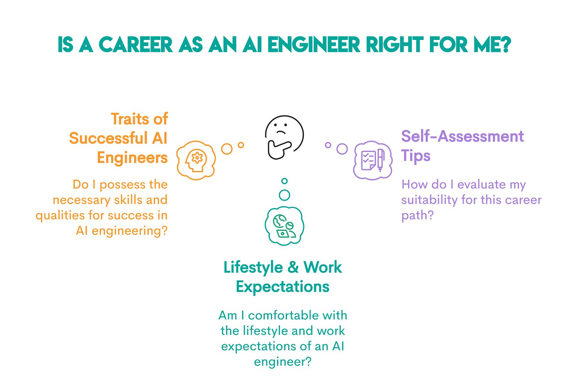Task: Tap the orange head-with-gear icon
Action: [x=196, y=160]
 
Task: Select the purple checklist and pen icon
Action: [x=373, y=160]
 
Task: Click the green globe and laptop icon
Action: [x=284, y=226]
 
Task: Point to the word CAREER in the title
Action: [x=135, y=45]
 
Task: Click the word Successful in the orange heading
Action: [x=108, y=138]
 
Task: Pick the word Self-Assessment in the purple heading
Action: [x=462, y=136]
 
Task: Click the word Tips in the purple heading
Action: [x=416, y=156]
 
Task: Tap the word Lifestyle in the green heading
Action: [x=253, y=268]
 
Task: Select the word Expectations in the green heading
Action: [x=283, y=287]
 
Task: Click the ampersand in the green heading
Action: [x=293, y=267]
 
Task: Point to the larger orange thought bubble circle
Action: [x=227, y=149]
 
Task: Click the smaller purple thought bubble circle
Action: [x=328, y=145]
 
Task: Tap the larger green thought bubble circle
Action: [x=284, y=195]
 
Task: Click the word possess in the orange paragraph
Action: [x=123, y=185]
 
